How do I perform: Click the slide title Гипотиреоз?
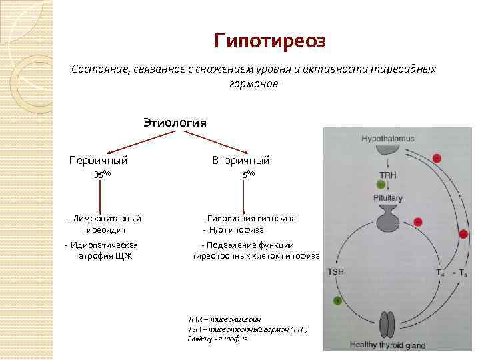tap(270, 41)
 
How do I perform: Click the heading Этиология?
tap(175, 122)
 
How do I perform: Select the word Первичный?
tap(99, 160)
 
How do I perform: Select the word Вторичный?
tap(241, 160)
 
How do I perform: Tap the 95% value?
tap(102, 174)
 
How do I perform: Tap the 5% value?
tap(248, 174)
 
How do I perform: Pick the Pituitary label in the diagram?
tap(387, 199)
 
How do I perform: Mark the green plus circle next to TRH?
tap(381, 183)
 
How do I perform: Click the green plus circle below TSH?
tap(337, 301)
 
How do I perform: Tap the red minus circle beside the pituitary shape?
tap(418, 221)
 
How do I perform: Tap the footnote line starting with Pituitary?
tap(217, 339)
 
